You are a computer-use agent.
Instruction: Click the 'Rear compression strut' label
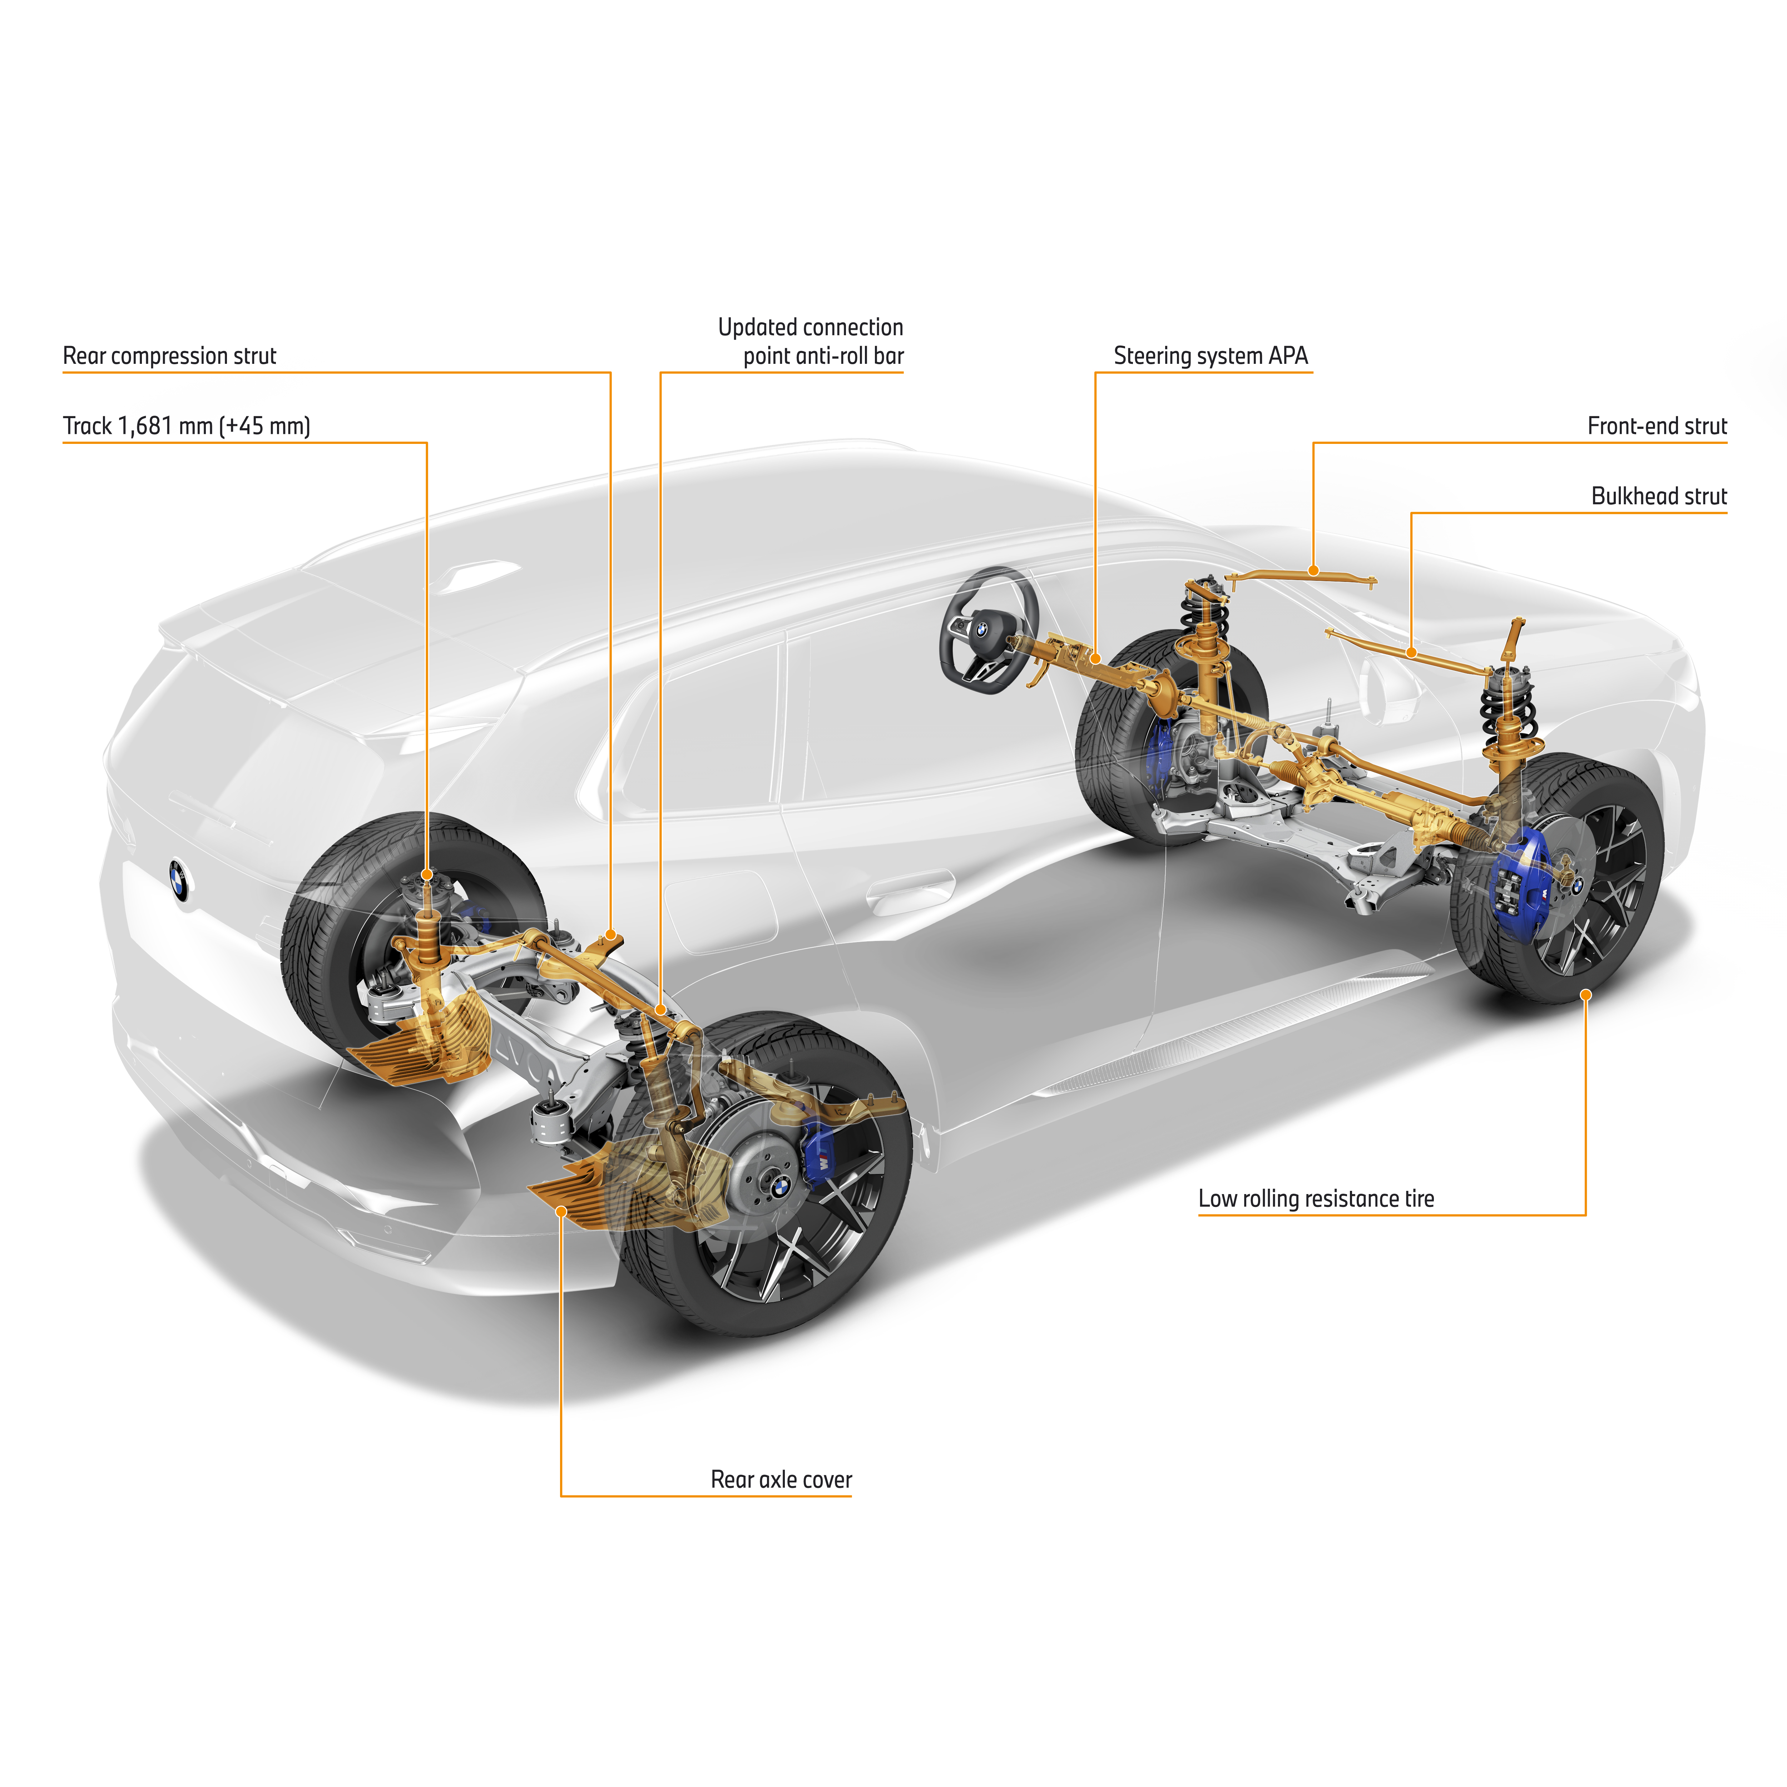pos(169,356)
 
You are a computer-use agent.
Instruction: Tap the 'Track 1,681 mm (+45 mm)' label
pos(186,426)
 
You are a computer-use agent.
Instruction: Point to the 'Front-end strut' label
pos(1657,426)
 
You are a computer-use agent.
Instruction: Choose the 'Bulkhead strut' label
pos(1658,497)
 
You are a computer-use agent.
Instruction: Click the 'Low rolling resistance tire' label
pos(1315,1199)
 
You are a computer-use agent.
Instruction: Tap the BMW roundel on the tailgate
pos(178,879)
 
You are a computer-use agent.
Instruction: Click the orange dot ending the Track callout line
pos(427,874)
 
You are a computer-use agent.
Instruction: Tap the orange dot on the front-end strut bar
pos(1313,571)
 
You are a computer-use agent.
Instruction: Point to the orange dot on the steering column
pos(1095,659)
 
